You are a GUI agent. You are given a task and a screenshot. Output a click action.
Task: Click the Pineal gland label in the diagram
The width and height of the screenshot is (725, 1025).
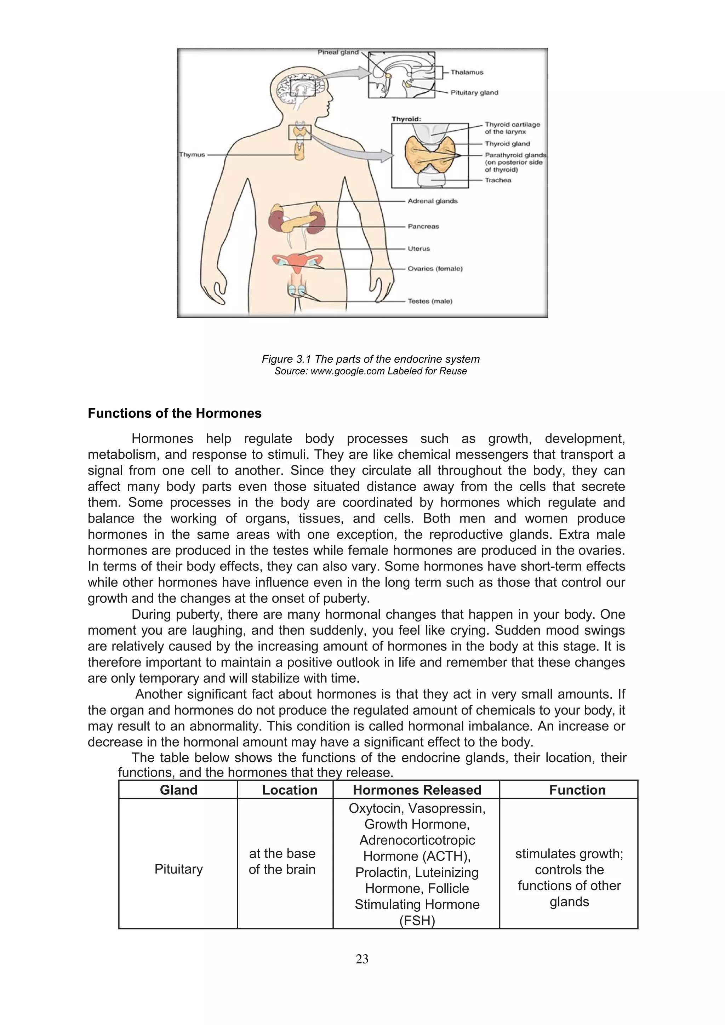click(x=338, y=52)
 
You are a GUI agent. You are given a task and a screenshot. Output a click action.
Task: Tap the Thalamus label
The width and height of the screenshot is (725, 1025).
click(x=467, y=72)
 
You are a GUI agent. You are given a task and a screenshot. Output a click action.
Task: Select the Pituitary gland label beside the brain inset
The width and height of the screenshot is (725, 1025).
click(x=474, y=93)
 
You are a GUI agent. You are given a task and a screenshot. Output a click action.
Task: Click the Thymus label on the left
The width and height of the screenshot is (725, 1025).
click(x=192, y=154)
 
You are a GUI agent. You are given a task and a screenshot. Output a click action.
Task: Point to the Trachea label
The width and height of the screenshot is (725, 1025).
click(x=498, y=181)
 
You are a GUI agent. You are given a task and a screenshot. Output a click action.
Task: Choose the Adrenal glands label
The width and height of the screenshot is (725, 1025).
click(x=432, y=201)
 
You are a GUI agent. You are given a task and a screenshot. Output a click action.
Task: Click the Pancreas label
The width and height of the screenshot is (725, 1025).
click(x=423, y=226)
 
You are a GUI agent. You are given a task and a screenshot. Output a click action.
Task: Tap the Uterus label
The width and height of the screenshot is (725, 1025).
click(x=418, y=249)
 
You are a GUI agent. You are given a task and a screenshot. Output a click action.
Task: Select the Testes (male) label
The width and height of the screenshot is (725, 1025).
click(x=429, y=301)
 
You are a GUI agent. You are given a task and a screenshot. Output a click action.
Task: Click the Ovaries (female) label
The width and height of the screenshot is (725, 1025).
click(x=435, y=269)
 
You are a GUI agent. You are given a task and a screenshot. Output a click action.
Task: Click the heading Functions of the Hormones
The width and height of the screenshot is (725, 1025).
click(x=175, y=413)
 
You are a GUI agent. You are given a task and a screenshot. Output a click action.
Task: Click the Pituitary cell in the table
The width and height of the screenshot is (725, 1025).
click(x=178, y=869)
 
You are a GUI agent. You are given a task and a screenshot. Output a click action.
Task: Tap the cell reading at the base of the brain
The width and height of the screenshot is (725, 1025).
click(x=282, y=861)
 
